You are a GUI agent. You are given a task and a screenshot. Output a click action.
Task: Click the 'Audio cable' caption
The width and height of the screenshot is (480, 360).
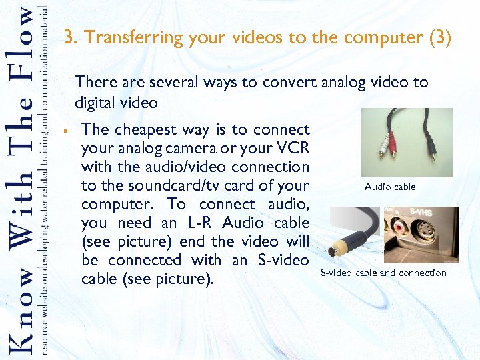(x=390, y=187)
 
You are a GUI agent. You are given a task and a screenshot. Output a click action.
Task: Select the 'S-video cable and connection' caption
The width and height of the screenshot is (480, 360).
(x=383, y=273)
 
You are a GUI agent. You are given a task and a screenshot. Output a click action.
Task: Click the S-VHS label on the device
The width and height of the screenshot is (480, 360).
(x=421, y=213)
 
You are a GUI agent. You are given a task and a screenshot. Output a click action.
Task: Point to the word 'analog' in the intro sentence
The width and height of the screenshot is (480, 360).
(x=343, y=83)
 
